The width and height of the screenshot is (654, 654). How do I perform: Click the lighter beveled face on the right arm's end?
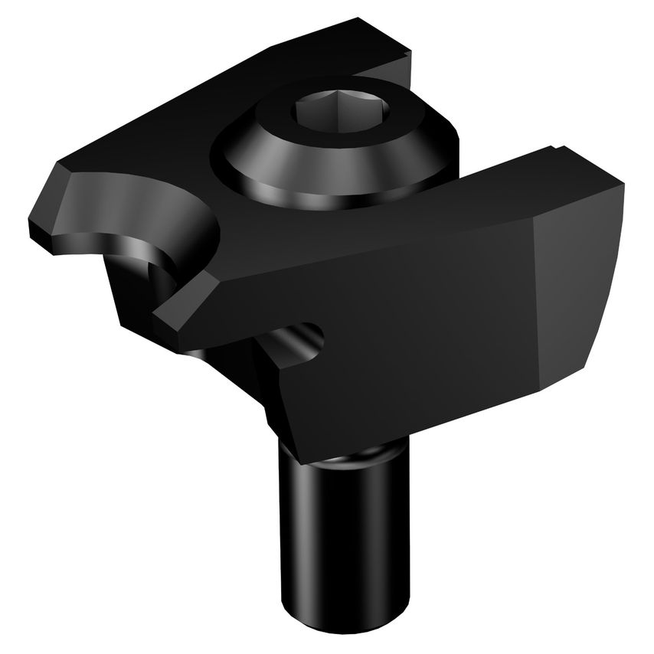578,291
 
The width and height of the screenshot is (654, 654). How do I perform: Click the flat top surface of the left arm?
153,146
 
